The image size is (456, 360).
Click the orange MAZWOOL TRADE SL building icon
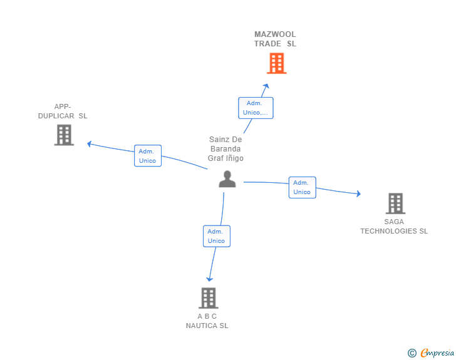point(276,63)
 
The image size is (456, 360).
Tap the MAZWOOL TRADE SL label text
point(275,39)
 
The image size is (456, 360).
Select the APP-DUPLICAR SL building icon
point(64,135)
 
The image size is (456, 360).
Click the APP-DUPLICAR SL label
point(63,111)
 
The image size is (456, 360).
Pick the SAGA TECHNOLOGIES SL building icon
point(395,203)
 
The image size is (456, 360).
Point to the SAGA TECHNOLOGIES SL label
point(394,226)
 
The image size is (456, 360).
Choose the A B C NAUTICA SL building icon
point(208,298)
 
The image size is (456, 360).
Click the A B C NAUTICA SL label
point(207,321)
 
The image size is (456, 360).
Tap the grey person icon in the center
point(227,179)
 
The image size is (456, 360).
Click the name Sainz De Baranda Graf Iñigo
point(225,149)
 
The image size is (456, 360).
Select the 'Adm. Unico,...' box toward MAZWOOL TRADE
point(255,108)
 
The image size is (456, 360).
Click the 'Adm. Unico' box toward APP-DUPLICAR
point(148,156)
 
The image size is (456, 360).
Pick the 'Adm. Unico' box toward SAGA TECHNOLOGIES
point(302,187)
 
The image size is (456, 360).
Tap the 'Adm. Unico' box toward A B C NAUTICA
point(216,236)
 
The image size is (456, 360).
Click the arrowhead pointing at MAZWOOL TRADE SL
point(266,86)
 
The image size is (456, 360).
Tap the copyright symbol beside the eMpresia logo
point(412,354)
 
